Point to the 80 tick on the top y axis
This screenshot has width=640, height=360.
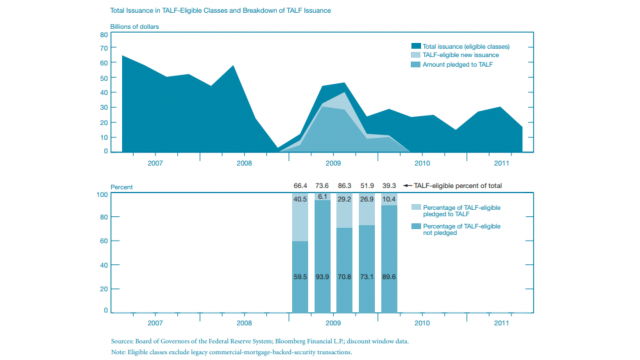103,34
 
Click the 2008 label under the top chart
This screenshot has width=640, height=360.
243,161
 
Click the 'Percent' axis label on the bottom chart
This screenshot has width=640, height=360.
121,186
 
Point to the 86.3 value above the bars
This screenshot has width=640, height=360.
345,186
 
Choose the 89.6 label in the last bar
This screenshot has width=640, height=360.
389,276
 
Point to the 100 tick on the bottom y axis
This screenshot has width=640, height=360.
101,195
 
